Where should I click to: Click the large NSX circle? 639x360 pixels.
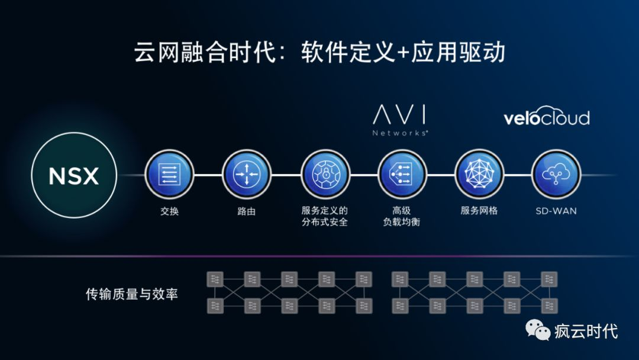tap(74, 175)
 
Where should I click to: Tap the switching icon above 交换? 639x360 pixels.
tap(169, 175)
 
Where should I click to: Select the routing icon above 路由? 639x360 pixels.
tap(246, 175)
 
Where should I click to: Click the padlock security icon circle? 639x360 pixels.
tap(325, 175)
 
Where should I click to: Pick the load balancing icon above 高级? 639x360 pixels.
tap(402, 175)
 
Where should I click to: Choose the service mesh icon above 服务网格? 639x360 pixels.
tap(479, 175)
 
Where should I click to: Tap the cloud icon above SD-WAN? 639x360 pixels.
tap(556, 175)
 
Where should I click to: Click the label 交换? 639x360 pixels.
tap(169, 211)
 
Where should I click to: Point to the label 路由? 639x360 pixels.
tap(246, 211)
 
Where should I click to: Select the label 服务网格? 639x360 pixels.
tap(479, 211)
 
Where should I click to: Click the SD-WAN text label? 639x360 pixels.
tap(556, 211)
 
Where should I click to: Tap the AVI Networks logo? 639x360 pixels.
tap(401, 120)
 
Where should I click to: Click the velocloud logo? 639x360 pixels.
tap(546, 118)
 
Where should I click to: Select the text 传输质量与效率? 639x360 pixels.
tap(131, 294)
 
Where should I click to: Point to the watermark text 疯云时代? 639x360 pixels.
tap(586, 330)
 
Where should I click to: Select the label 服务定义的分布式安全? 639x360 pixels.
tap(325, 216)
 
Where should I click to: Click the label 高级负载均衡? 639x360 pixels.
tap(402, 216)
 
